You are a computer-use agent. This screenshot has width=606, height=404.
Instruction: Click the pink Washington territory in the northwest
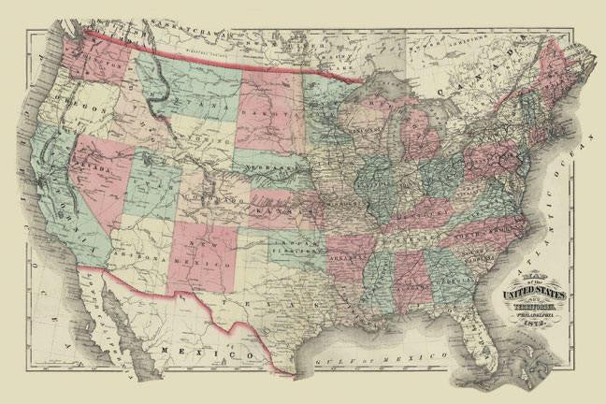94,56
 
